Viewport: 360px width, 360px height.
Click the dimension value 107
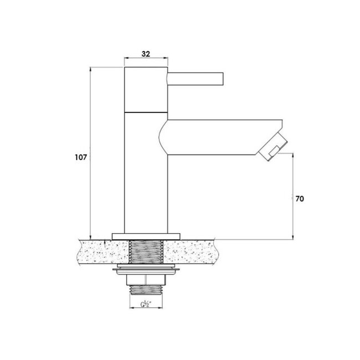(81, 157)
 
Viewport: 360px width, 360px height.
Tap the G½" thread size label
(146, 305)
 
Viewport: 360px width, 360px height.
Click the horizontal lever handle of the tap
(195, 78)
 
